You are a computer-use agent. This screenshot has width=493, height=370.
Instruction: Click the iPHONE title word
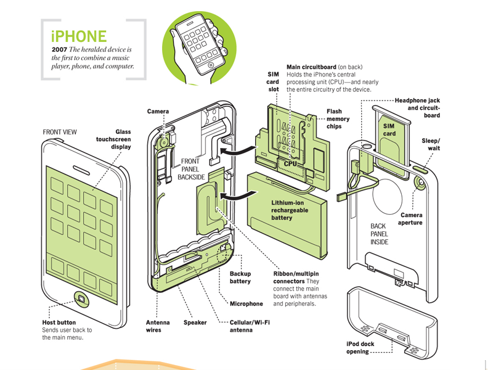79,36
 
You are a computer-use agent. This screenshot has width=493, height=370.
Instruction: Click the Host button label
59,323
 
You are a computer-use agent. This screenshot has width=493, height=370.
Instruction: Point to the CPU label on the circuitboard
291,163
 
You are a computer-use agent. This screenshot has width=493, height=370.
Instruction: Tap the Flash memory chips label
338,119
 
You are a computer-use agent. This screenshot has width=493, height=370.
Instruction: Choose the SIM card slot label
272,81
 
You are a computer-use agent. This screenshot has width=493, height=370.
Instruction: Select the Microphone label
246,303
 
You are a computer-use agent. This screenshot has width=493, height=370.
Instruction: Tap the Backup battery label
240,277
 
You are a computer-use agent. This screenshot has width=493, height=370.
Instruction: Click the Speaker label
195,323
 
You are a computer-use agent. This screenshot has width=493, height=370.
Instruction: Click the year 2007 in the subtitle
60,49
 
